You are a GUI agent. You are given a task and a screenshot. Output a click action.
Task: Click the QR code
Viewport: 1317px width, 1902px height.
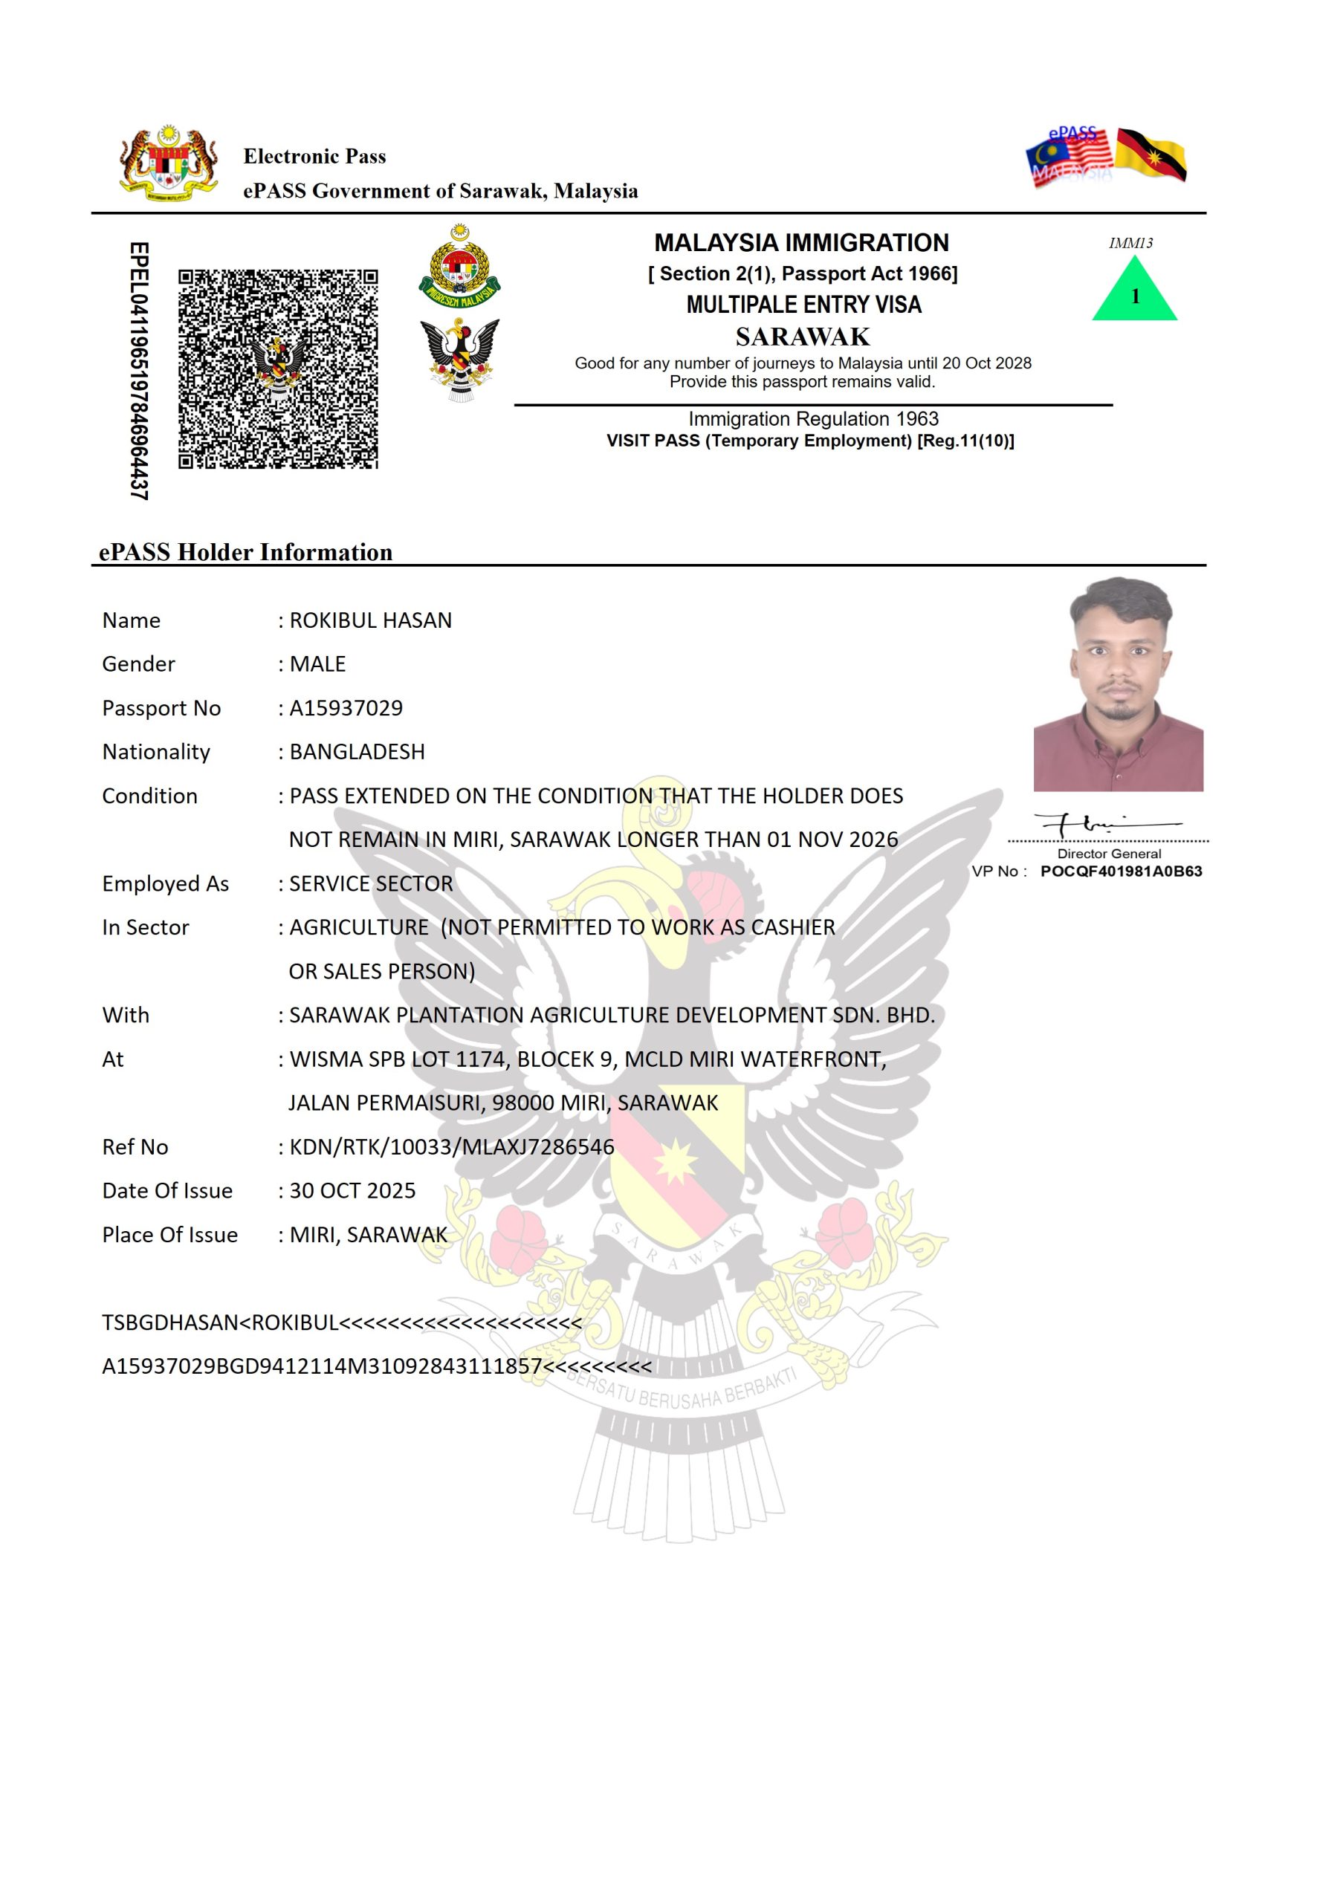pos(278,369)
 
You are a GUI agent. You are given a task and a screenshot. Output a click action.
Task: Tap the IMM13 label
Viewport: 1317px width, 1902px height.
pos(1130,243)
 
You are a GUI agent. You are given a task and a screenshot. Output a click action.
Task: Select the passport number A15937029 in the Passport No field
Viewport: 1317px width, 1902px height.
pos(346,708)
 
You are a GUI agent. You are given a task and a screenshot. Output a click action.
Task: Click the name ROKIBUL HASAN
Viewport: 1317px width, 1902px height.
pos(371,620)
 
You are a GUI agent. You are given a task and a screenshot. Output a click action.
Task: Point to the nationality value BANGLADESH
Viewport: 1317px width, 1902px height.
pos(357,751)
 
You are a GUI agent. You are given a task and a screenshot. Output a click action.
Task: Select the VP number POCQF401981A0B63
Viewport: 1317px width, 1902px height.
pos(1121,871)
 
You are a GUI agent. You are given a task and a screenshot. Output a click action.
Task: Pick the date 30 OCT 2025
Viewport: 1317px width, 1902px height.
pos(352,1190)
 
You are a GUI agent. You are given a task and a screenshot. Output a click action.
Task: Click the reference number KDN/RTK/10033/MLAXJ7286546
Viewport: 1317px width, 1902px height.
pos(451,1146)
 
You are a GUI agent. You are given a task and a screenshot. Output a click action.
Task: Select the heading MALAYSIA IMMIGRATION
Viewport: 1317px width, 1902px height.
pos(801,242)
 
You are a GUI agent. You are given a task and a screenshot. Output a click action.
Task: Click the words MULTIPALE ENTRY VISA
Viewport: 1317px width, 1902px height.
pos(803,305)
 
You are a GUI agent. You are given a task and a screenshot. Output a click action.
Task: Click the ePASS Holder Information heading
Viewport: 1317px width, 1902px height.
pos(245,552)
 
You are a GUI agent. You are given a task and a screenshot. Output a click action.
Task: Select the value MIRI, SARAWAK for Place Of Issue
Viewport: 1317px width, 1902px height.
pos(368,1235)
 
